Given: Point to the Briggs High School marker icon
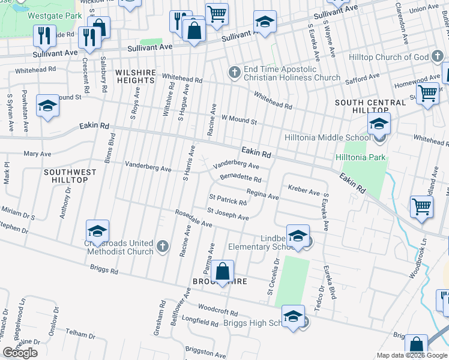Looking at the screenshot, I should pyautogui.click(x=293, y=318).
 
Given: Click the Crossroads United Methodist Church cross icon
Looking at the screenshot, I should pyautogui.click(x=161, y=247).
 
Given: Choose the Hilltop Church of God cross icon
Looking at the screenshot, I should pyautogui.click(x=439, y=58).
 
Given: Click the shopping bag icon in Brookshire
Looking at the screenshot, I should pyautogui.click(x=222, y=273).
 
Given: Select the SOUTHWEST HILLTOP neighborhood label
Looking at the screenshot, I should pyautogui.click(x=70, y=176).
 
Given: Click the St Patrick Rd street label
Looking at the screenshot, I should pyautogui.click(x=228, y=199).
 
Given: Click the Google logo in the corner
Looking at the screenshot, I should pyautogui.click(x=20, y=352).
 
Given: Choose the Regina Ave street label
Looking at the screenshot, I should pyautogui.click(x=262, y=195).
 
